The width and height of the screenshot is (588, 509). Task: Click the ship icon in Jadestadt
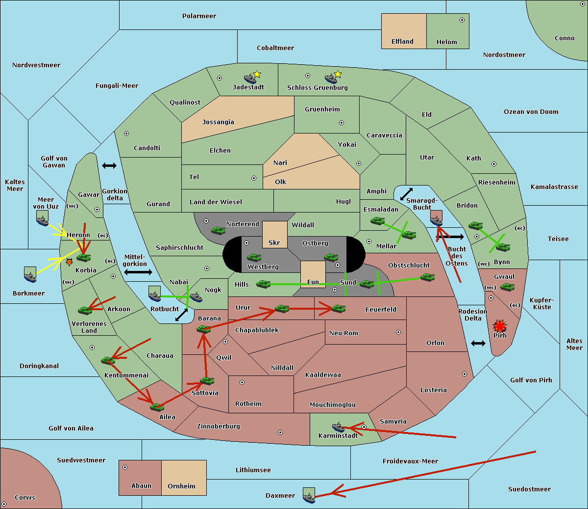coord(250,79)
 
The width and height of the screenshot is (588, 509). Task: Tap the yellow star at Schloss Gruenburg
coord(338,75)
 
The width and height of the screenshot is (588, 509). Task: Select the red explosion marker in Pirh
coord(500,326)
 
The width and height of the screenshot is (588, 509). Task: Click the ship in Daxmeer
coord(309,496)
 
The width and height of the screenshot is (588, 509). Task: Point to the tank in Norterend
coord(218,230)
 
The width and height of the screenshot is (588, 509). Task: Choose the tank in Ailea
coord(157,407)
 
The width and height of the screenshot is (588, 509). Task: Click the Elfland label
coord(402,42)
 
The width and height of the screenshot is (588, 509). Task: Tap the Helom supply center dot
coord(462,20)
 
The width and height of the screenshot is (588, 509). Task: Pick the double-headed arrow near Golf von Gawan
coord(109,165)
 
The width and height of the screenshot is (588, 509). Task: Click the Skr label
coord(274,242)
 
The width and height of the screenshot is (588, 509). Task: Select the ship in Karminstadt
coord(338,427)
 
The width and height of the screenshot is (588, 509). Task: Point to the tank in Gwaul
coord(507,287)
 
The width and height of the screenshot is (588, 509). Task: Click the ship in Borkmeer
coord(30,275)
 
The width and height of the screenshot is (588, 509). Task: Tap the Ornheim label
coord(181,486)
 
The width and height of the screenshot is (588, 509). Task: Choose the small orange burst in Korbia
coord(69,262)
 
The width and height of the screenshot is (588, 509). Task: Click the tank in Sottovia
coord(207,381)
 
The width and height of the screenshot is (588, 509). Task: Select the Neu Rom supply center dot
coord(398,332)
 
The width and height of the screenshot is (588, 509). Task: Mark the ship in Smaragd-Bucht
coord(437,218)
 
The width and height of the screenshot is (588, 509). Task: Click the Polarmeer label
coord(199,16)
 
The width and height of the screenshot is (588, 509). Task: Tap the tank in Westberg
coord(254,258)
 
